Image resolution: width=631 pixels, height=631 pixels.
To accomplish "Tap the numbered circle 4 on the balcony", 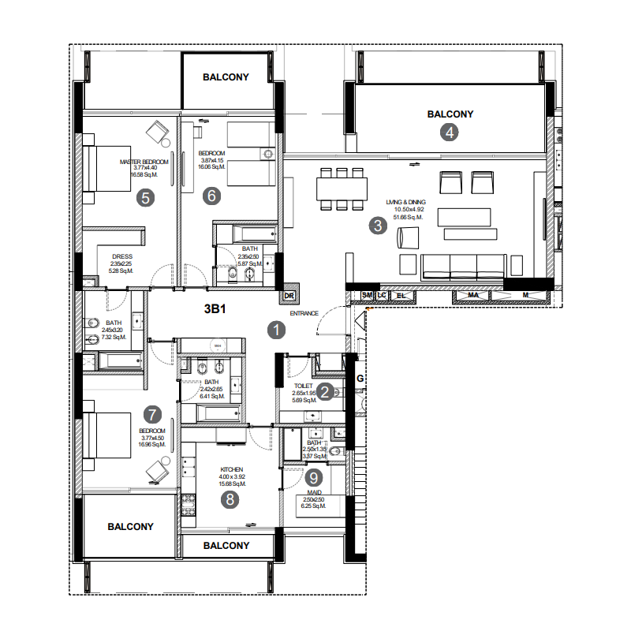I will tap(450, 133).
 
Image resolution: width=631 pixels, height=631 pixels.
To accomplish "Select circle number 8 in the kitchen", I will tap(230, 499).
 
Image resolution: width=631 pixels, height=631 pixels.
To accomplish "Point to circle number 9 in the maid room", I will tap(314, 477).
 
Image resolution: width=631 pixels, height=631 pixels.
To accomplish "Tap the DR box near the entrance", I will tap(289, 297).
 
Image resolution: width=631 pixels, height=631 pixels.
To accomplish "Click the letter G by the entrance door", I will tap(360, 378).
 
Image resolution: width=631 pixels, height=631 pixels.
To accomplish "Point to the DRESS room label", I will tap(121, 256).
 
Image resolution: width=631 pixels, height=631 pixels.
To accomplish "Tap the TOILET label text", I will tap(303, 386).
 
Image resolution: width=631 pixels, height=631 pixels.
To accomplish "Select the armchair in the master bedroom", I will tap(160, 132).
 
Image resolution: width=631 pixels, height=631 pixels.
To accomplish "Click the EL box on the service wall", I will tap(401, 296).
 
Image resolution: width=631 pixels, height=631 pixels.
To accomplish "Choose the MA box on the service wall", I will tap(474, 296).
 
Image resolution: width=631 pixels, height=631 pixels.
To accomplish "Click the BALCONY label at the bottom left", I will tap(130, 527).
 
